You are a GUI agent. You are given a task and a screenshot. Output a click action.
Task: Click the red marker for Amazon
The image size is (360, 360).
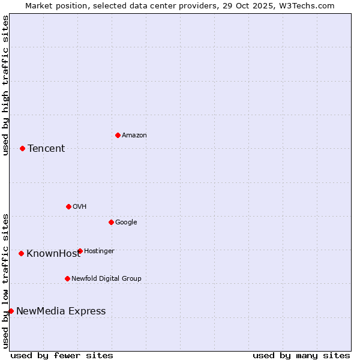point(118,135)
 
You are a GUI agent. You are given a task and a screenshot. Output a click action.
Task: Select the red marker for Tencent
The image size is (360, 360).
point(22,148)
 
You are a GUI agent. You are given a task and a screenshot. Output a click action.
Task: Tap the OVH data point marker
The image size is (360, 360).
point(68,206)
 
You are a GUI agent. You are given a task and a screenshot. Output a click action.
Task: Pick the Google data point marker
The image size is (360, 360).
point(111,222)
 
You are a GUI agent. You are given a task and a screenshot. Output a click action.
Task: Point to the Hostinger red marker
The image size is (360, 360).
point(80,251)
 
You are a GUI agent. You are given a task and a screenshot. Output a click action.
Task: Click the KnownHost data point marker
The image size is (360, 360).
point(21,253)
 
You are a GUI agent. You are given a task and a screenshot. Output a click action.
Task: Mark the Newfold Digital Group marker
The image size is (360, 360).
point(67,278)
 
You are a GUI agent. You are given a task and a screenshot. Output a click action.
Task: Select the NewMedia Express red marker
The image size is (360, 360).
point(11,311)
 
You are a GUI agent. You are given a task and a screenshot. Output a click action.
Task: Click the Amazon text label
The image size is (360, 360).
point(134,136)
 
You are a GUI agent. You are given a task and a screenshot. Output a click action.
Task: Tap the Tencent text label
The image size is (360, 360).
point(46,149)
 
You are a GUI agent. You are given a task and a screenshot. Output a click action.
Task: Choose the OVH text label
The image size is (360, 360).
point(80,207)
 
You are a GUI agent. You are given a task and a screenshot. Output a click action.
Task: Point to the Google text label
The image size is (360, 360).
point(126,223)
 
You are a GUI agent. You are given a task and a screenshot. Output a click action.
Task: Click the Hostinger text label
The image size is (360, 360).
point(99,251)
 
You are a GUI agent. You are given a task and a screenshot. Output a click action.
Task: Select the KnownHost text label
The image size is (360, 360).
point(53,254)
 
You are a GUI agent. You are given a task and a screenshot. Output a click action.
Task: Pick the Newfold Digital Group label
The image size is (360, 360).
point(106,279)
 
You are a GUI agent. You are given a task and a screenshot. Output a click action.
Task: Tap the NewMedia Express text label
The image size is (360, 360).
point(61,311)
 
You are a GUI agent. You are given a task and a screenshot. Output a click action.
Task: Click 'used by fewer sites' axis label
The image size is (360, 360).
point(62,356)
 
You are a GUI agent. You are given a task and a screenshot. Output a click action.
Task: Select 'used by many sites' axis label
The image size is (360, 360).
point(301,356)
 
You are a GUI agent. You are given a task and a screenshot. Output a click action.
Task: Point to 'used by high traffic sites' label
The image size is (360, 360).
point(5,85)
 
